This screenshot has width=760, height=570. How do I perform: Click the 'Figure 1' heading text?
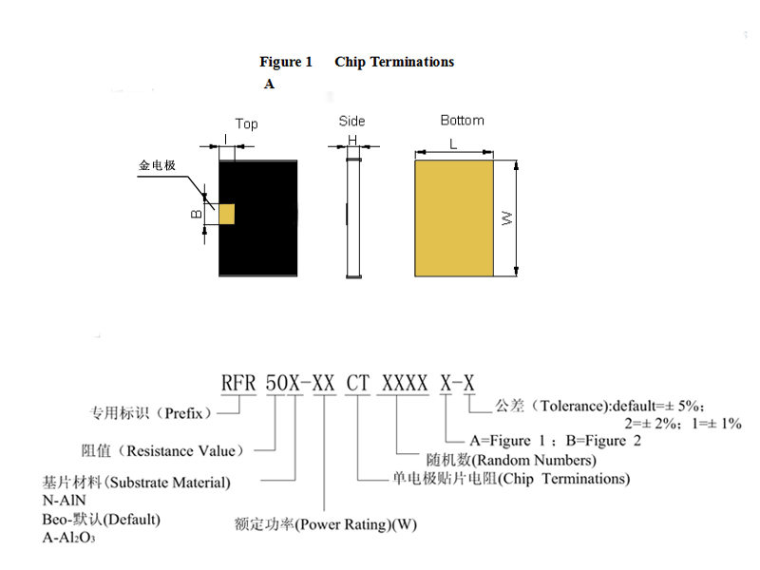(x=286, y=62)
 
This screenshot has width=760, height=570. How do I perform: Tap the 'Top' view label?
(x=246, y=123)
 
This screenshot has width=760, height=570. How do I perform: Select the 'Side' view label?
(x=351, y=121)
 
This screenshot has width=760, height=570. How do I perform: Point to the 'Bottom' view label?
(x=462, y=121)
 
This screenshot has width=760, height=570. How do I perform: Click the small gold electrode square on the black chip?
(x=227, y=215)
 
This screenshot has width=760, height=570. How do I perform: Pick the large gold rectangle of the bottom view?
(x=454, y=218)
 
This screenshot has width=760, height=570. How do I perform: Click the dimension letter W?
(x=506, y=218)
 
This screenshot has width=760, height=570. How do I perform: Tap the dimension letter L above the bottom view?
(x=453, y=144)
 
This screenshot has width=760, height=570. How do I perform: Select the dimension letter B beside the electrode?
(x=197, y=214)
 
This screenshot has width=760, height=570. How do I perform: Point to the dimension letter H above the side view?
(x=352, y=140)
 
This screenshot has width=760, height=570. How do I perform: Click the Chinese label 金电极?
(x=157, y=165)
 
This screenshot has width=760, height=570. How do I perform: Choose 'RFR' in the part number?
(x=238, y=384)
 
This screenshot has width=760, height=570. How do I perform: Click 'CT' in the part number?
(x=358, y=384)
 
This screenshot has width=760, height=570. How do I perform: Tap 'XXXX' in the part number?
(x=405, y=384)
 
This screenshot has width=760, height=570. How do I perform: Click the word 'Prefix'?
(x=183, y=413)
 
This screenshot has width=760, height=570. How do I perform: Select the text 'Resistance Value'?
(x=180, y=451)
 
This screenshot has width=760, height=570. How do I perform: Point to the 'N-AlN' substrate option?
(x=64, y=501)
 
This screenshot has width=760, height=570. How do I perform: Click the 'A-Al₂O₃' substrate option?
(x=68, y=538)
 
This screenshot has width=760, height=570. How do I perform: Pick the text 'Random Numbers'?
(x=534, y=460)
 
